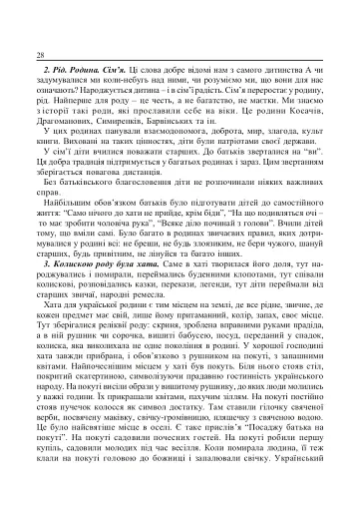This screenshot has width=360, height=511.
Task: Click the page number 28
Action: (38, 54)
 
